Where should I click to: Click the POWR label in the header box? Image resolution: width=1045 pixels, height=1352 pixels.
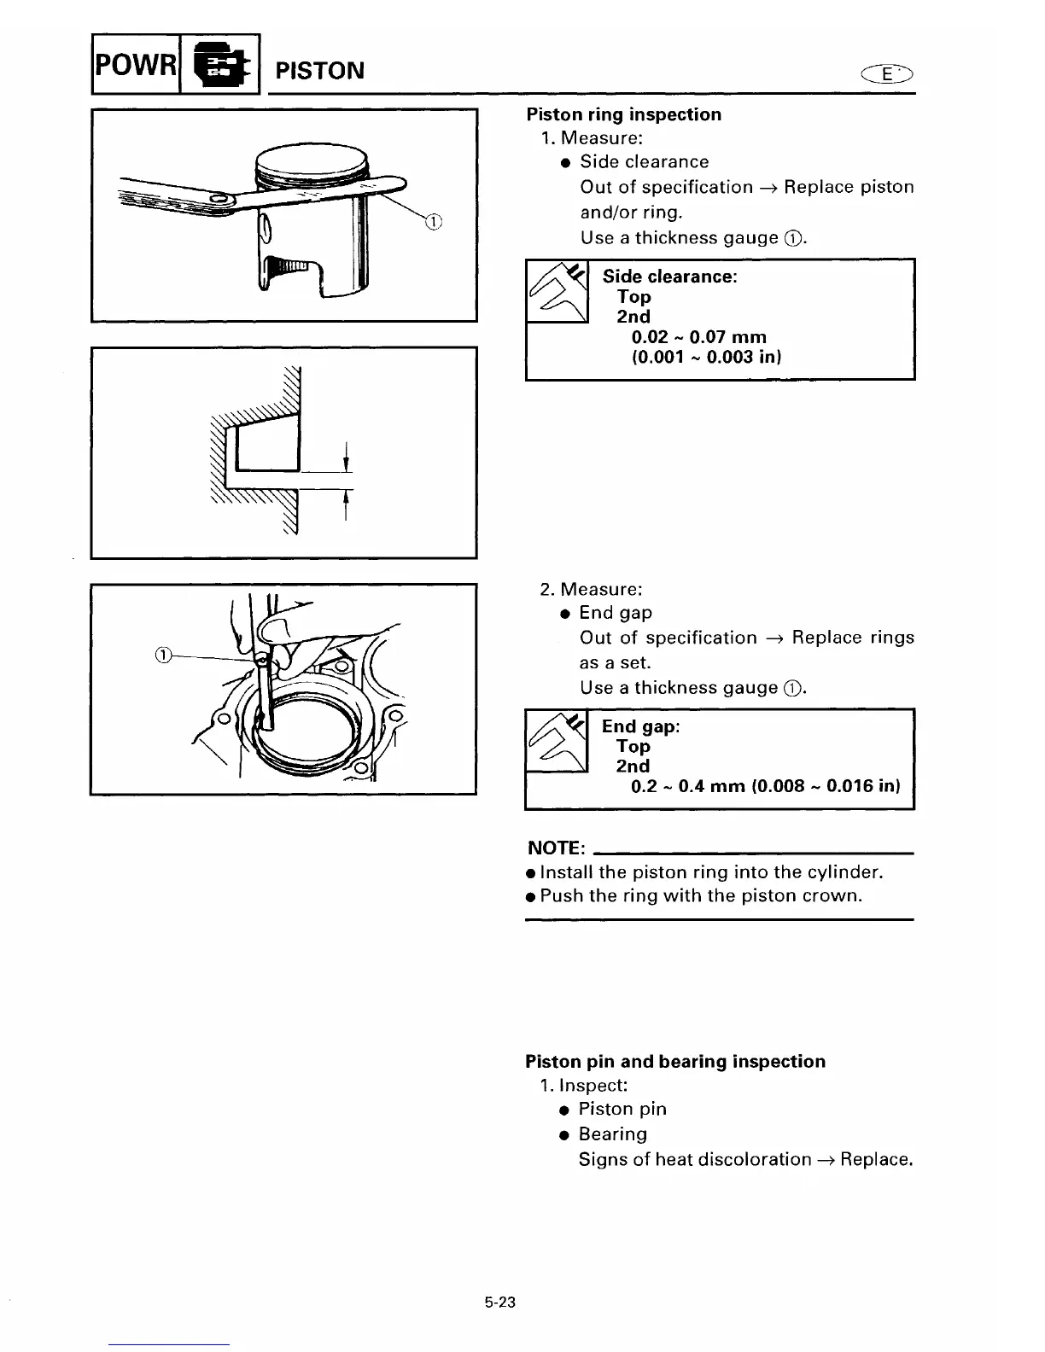[135, 65]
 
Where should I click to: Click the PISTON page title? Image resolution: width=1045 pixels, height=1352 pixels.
[319, 70]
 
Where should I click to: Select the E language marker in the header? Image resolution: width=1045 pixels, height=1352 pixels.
[886, 74]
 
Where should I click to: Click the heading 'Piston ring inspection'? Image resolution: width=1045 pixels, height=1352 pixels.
[623, 114]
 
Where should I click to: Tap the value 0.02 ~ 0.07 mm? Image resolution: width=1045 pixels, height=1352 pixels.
[698, 337]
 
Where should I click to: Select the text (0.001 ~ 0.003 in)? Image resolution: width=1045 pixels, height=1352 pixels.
[706, 357]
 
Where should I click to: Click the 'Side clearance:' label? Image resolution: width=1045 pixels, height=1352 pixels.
[669, 277]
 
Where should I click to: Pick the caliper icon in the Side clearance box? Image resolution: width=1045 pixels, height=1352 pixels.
[558, 291]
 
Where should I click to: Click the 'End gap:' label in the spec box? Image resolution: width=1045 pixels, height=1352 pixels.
[640, 726]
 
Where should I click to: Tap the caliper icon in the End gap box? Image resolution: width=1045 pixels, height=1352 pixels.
[557, 741]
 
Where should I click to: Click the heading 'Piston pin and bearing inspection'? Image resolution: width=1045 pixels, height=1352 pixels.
[675, 1062]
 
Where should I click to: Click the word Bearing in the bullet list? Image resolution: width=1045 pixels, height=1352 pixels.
[612, 1134]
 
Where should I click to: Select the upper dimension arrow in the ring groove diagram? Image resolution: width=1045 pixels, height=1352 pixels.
[345, 457]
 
